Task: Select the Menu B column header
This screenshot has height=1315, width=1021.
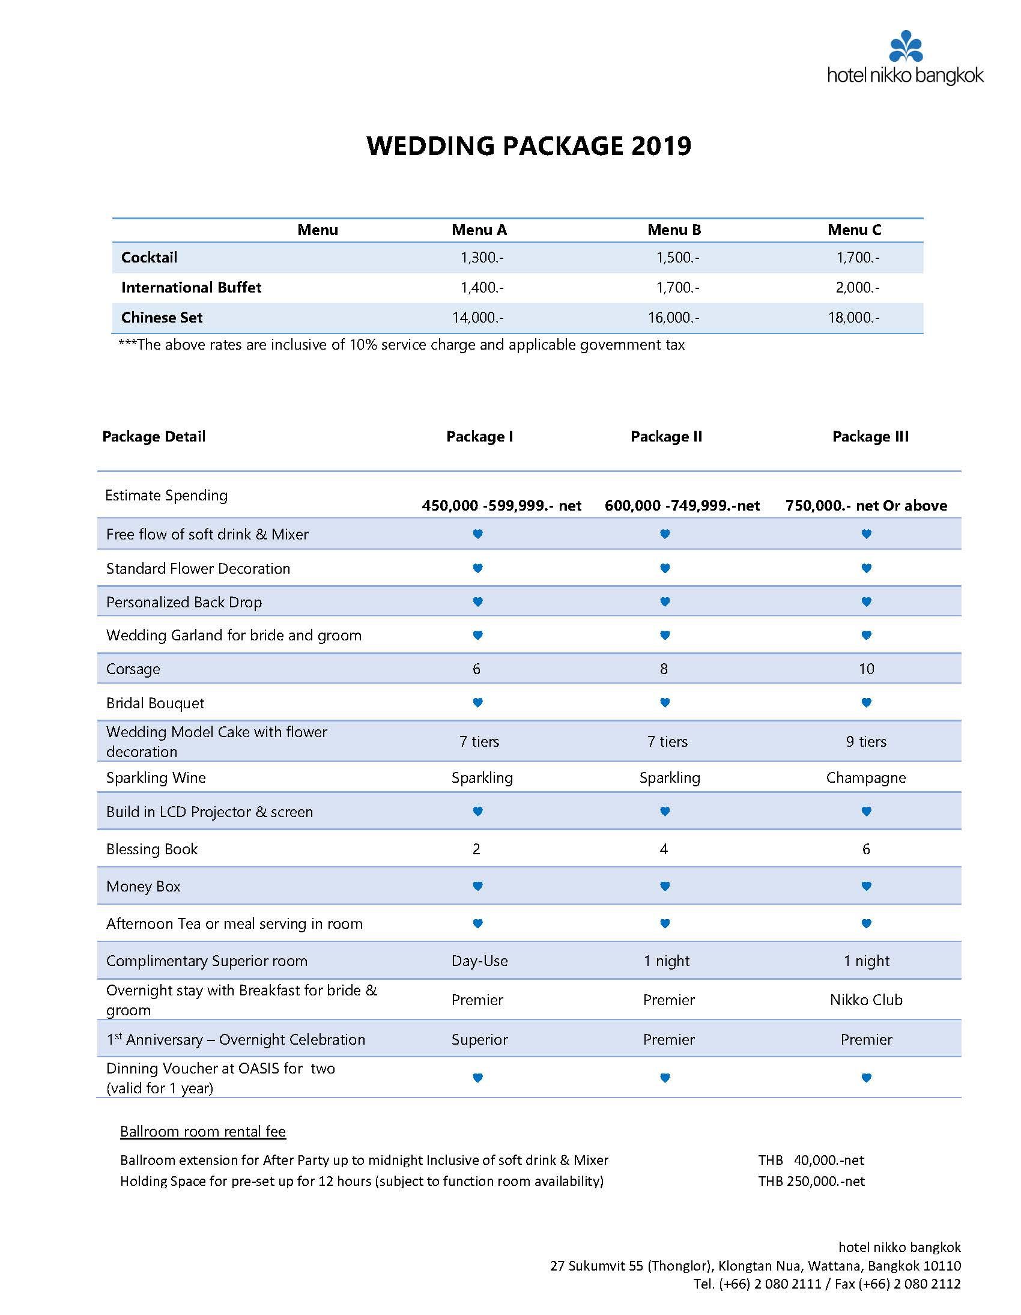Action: [x=674, y=230]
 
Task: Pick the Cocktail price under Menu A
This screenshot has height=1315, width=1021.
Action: [x=482, y=258]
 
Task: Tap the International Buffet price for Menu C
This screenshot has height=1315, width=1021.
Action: [x=857, y=288]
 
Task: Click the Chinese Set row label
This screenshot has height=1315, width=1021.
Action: [x=162, y=318]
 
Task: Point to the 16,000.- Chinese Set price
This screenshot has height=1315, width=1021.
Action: [x=673, y=318]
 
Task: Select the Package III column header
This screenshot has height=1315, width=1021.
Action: [x=870, y=437]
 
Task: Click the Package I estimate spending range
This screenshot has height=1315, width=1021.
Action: [x=501, y=506]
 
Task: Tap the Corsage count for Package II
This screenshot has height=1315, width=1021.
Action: [x=664, y=669]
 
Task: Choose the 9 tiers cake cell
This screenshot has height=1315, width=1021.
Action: [x=865, y=742]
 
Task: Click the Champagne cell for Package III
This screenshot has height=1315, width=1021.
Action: [x=865, y=778]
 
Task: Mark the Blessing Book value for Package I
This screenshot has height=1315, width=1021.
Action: [x=476, y=849]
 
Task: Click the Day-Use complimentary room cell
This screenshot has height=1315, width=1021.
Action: [x=479, y=961]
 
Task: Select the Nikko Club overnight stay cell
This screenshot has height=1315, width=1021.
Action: [x=865, y=1000]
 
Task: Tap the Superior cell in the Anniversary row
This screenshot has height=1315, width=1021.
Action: [x=479, y=1040]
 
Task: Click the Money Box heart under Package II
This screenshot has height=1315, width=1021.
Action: [x=665, y=886]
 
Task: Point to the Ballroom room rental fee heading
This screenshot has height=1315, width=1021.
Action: [x=203, y=1132]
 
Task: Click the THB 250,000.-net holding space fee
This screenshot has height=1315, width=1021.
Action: [x=811, y=1181]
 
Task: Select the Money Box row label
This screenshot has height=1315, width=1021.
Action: [x=144, y=887]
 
